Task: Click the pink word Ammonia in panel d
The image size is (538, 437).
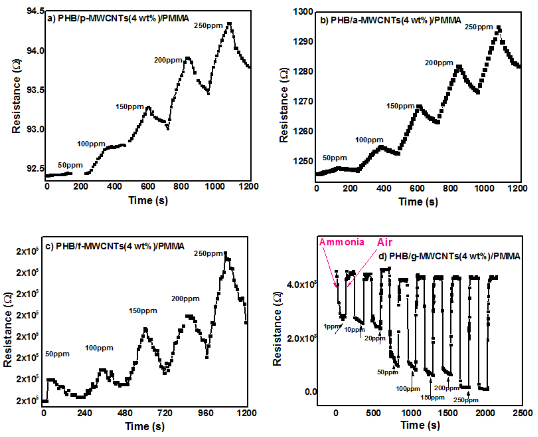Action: click(x=342, y=242)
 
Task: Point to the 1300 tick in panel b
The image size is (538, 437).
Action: click(x=303, y=12)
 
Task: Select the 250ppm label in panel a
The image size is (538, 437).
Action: click(x=208, y=26)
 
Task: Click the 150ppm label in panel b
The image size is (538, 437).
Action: click(x=400, y=106)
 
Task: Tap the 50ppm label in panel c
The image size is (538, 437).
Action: click(x=57, y=354)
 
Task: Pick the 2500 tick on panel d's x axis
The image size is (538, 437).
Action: click(x=523, y=413)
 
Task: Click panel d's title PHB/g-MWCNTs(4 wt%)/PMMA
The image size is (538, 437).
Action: click(x=449, y=256)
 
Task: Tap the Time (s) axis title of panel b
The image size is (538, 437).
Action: click(x=418, y=202)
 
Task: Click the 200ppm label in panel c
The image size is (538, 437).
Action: click(x=185, y=299)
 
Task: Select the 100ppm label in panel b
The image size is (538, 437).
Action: click(x=369, y=140)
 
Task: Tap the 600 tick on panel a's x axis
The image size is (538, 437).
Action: click(x=148, y=187)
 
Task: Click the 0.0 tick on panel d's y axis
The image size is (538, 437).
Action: click(x=310, y=392)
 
